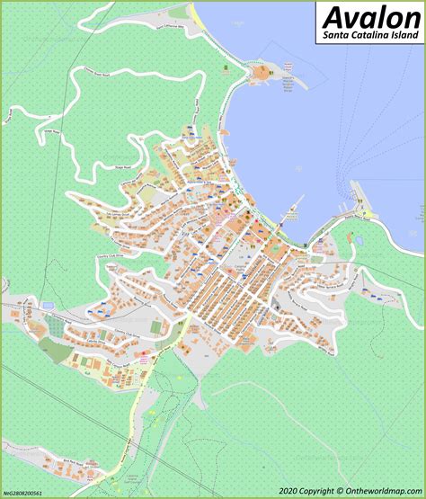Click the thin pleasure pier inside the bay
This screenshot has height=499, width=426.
click(x=289, y=216)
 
